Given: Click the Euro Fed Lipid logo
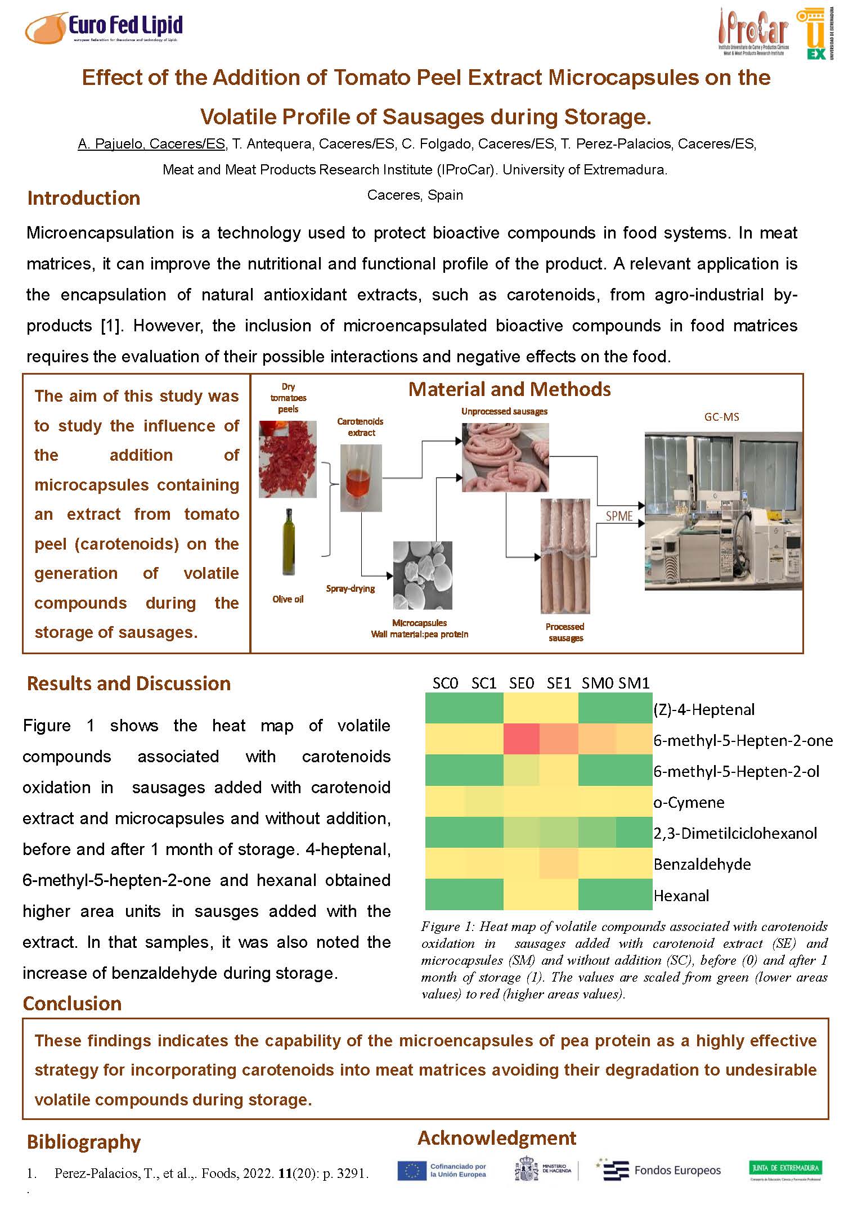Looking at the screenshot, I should point(104,28).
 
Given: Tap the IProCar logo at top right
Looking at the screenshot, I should point(754,33).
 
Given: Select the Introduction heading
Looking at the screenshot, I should point(83,198).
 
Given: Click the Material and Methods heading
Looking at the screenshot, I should point(509,389).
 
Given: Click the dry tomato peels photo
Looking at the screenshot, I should point(288,459).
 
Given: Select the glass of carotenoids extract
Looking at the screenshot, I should point(361,478).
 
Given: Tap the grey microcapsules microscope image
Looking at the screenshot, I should point(422,575).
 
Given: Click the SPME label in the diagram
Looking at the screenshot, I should point(619,516).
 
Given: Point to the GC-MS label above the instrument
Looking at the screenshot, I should point(721,417).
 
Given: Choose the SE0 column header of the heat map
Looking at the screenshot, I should point(521,683).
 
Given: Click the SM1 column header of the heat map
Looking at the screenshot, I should point(634,683).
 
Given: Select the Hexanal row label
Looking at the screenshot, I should point(681,895).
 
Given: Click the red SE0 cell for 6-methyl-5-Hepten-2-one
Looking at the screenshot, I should point(521,740).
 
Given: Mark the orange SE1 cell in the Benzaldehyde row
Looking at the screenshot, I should point(559,863).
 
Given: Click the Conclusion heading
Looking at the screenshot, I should point(72,1004).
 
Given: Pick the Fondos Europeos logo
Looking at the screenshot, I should point(660,1170).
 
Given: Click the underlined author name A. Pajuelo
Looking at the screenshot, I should point(151,144).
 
